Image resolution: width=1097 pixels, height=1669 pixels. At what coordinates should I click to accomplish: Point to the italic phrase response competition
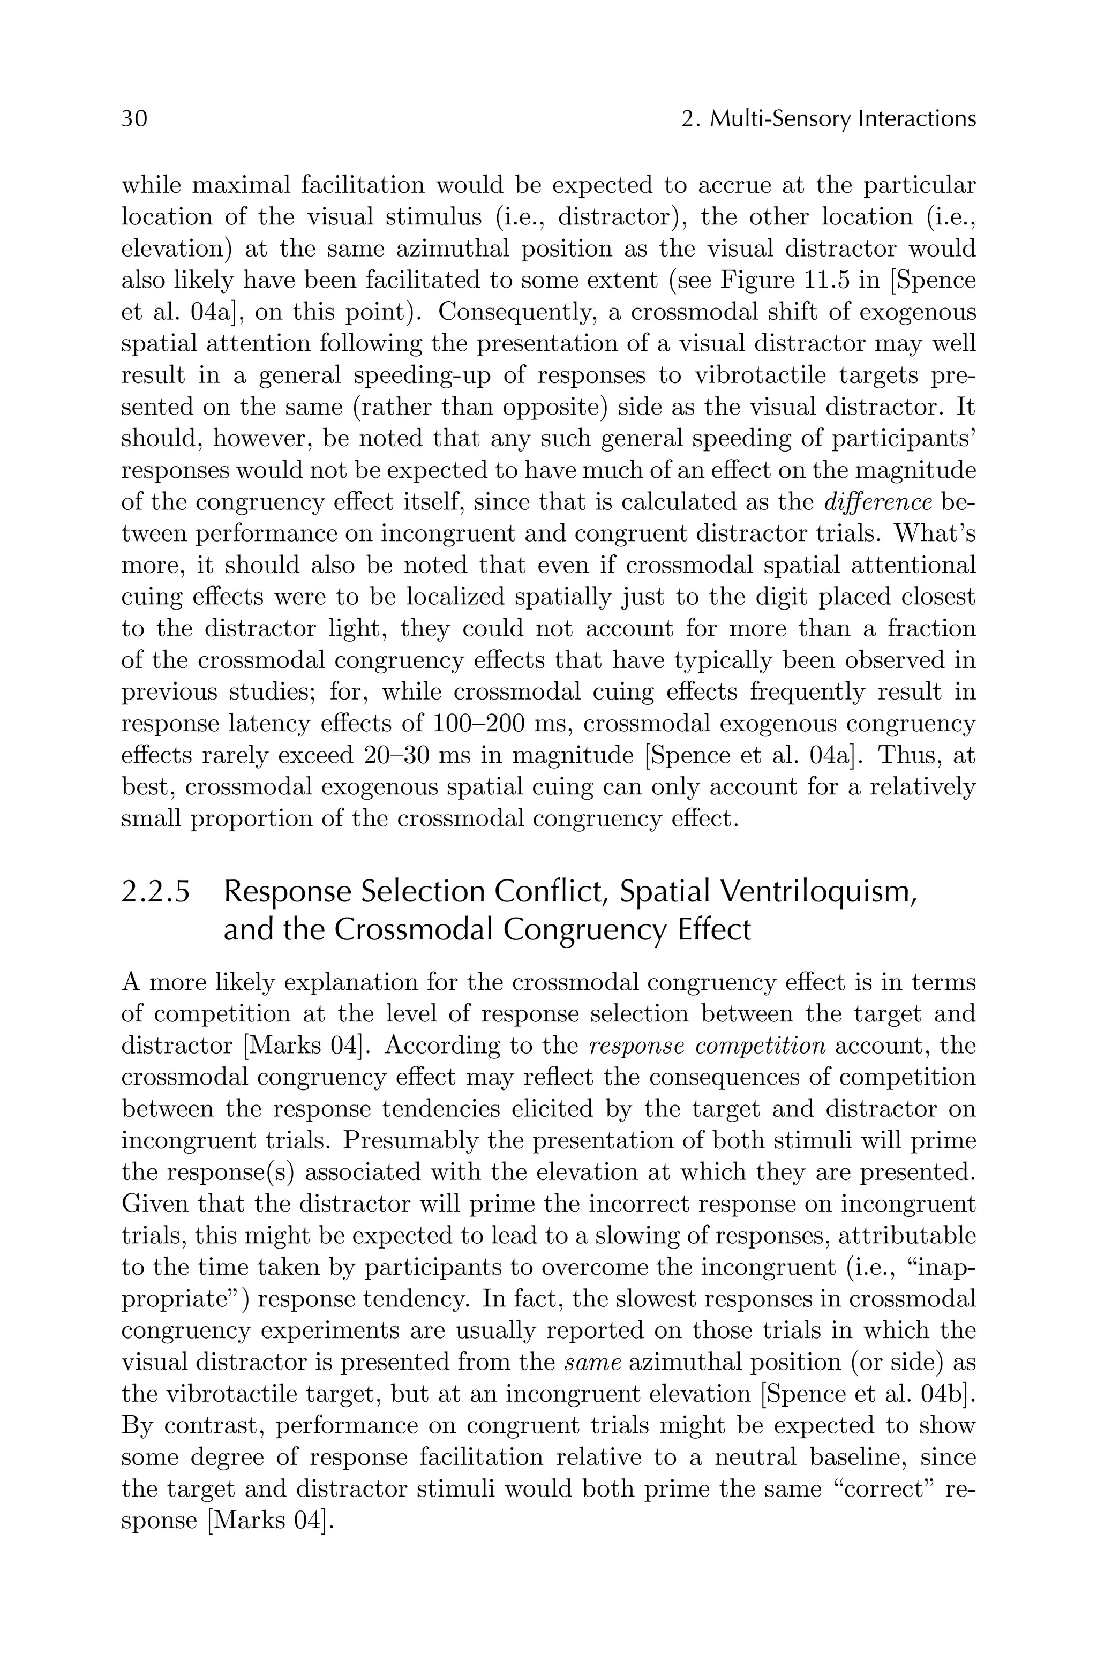[707, 1046]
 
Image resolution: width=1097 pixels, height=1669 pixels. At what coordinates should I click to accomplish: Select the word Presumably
[410, 1140]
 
